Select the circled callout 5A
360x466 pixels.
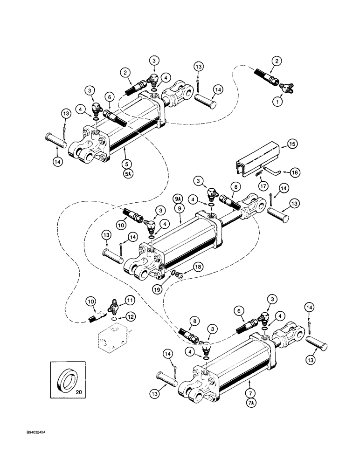click(x=126, y=173)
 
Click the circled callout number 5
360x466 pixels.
click(x=126, y=164)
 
